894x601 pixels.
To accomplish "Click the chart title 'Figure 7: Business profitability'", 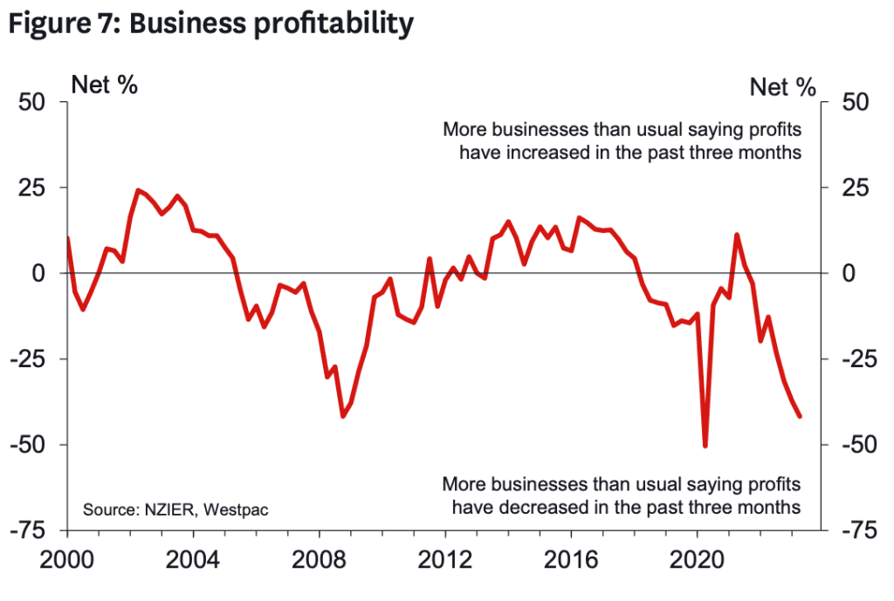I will pos(210,24).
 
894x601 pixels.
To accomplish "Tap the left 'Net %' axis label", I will pos(104,85).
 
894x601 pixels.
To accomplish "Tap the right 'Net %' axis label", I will pos(782,85).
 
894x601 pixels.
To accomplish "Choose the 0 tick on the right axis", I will pos(848,273).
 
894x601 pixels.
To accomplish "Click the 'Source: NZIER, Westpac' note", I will pos(175,509).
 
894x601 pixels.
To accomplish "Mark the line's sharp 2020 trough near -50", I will pos(705,446).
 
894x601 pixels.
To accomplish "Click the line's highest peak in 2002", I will pos(138,190).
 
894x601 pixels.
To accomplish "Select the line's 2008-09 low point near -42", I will pos(343,416).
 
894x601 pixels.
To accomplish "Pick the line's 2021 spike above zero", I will pos(737,235).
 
